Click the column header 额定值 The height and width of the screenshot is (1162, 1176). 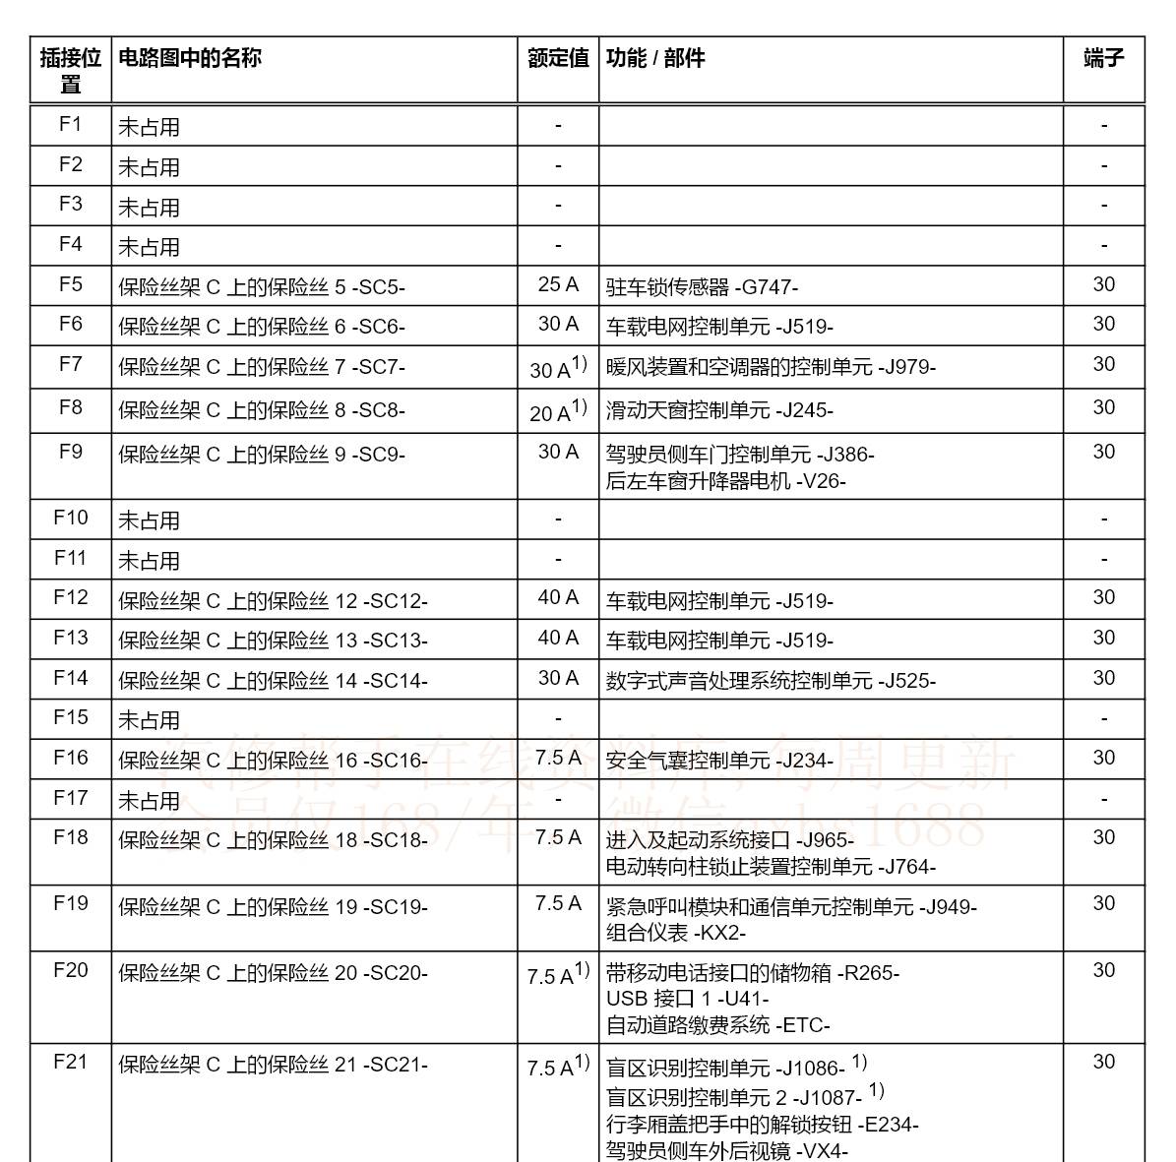pos(558,58)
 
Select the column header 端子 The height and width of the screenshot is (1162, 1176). pos(1103,58)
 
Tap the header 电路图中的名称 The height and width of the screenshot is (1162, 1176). pos(190,58)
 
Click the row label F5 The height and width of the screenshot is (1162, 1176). pos(71,284)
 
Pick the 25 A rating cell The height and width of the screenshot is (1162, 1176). pos(558,284)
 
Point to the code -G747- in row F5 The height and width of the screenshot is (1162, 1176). pos(767,287)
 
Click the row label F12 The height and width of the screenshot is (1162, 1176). pos(71,598)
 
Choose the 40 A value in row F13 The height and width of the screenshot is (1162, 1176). pos(558,638)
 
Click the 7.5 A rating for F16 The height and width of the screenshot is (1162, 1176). pos(558,758)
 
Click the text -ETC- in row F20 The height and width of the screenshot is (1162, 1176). pos(802,1025)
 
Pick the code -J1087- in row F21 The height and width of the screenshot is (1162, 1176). pos(828,1097)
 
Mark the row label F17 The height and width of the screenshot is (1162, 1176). pos(71,798)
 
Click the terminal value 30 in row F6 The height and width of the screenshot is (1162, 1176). pos(1103,324)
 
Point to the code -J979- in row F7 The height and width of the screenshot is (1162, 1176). pos(907,367)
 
